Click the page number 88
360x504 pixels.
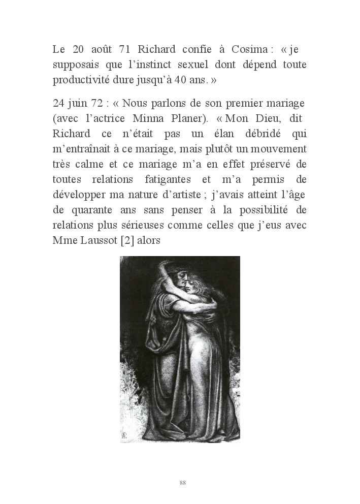click(x=183, y=483)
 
